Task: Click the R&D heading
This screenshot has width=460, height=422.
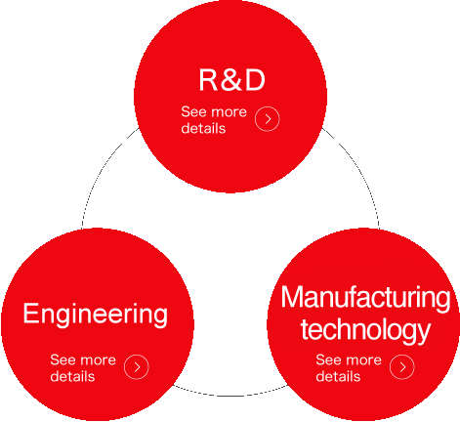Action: [x=232, y=80]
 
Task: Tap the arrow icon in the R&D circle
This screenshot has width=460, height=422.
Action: [x=268, y=119]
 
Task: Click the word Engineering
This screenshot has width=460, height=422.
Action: [x=96, y=315]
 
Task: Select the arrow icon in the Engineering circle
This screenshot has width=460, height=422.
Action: [x=137, y=367]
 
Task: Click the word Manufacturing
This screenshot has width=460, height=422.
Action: [x=366, y=297]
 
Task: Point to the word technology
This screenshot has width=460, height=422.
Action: [x=365, y=330]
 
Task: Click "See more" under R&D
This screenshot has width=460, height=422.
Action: [x=214, y=111]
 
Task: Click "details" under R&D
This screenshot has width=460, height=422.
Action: [x=203, y=128]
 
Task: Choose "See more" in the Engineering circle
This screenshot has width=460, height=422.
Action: [x=83, y=359]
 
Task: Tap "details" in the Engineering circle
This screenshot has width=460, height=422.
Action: [x=72, y=376]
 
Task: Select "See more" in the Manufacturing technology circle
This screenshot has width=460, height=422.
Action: [x=349, y=359]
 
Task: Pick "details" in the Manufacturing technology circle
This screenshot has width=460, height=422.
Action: [x=338, y=376]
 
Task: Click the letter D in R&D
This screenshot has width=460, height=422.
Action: [x=255, y=80]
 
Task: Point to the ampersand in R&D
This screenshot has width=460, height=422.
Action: [x=231, y=80]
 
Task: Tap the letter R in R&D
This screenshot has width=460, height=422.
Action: [x=208, y=80]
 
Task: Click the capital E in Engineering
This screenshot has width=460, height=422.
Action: [x=30, y=313]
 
